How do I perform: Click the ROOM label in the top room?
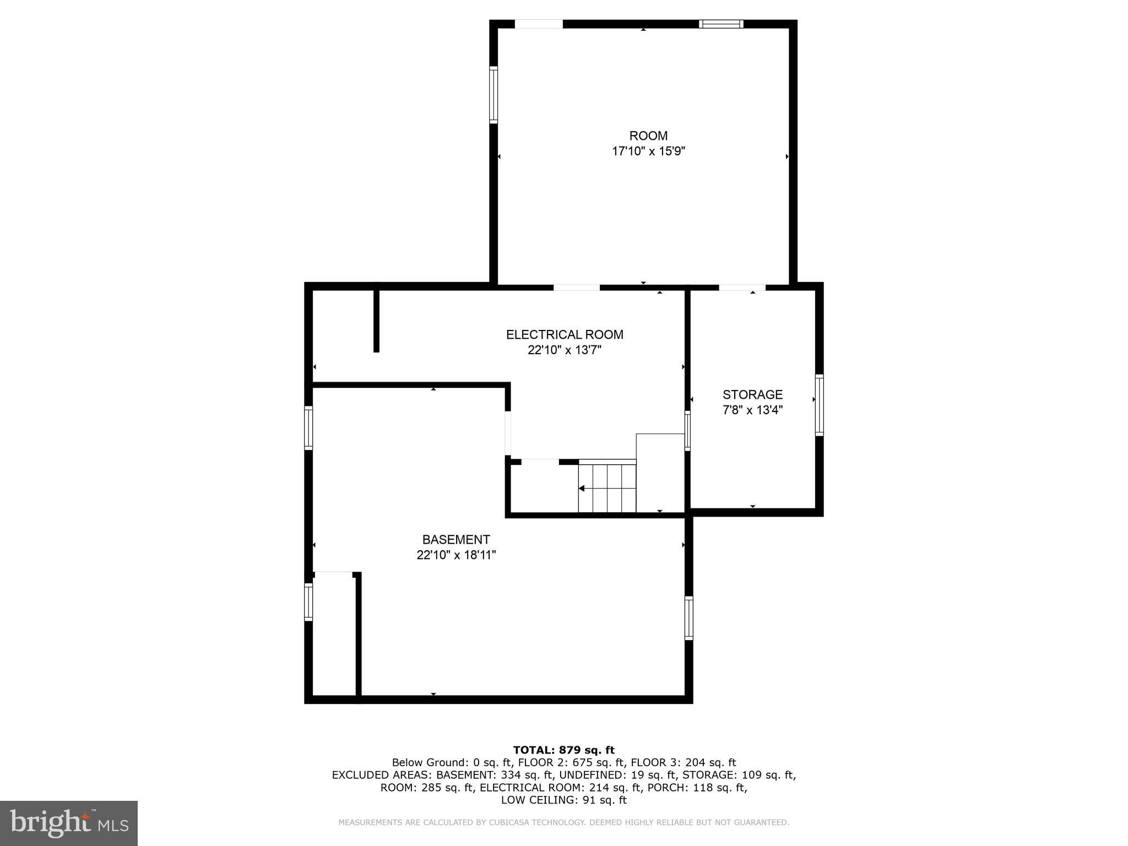[648, 136]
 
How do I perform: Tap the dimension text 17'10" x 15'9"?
[648, 151]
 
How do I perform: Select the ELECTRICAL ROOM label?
[565, 335]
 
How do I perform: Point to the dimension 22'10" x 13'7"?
[565, 350]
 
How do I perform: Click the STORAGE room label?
[752, 395]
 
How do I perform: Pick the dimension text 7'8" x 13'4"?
[752, 410]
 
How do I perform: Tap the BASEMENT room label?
[456, 540]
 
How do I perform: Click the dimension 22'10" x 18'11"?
[456, 555]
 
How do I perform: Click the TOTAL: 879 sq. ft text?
[563, 750]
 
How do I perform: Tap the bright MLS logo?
[69, 823]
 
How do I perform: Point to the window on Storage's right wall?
[819, 405]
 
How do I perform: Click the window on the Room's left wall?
[493, 95]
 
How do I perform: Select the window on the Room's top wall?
[721, 24]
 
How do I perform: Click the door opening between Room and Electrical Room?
[576, 287]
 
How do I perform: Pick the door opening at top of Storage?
[742, 287]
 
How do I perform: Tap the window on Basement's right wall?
[688, 617]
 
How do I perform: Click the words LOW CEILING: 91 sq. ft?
[563, 800]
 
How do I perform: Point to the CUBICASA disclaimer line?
[563, 822]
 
